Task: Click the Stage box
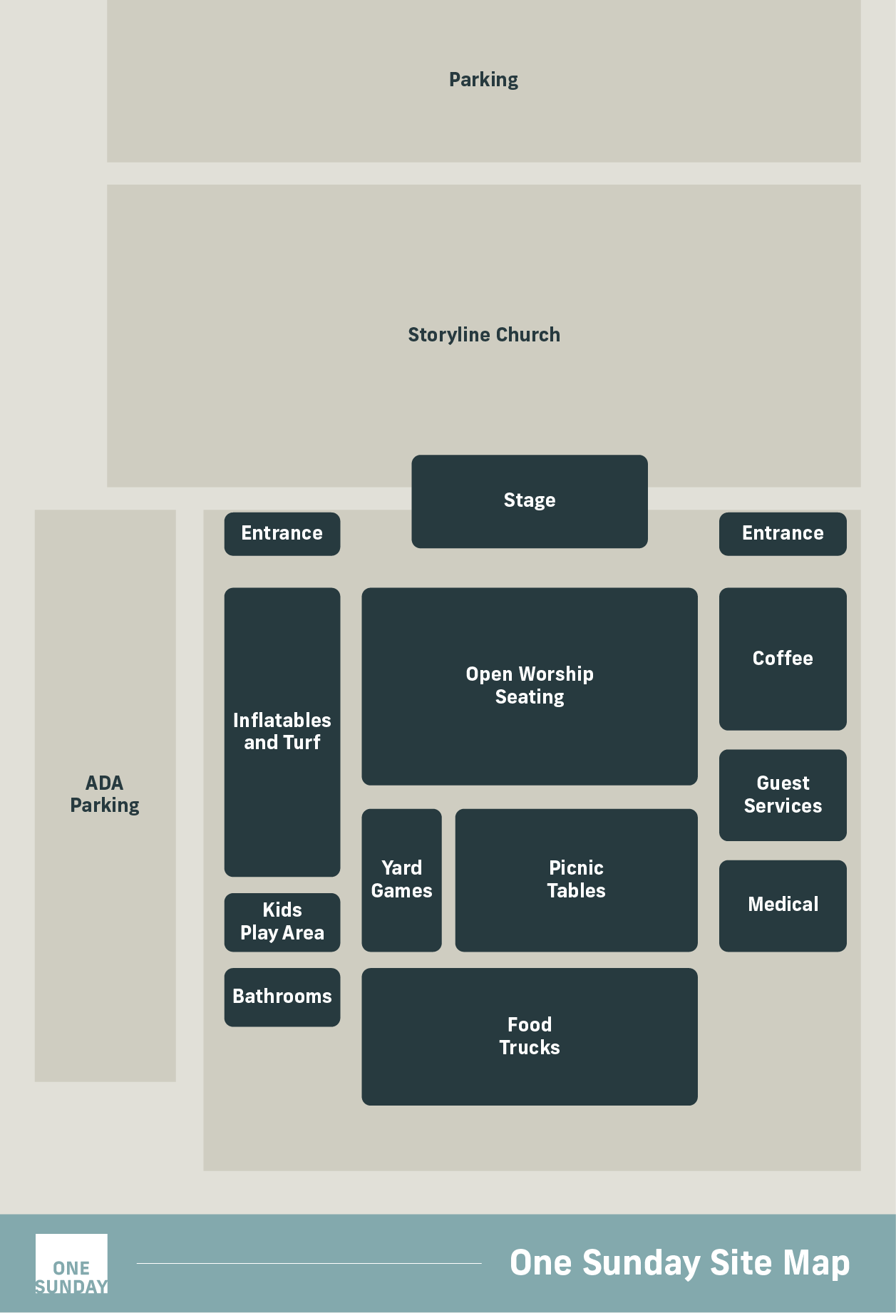tap(530, 501)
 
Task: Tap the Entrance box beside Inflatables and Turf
tap(282, 534)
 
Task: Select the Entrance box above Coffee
tap(783, 534)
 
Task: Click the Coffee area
tap(783, 659)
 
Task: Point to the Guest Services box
tap(783, 795)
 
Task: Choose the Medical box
tap(783, 905)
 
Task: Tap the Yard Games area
tap(401, 880)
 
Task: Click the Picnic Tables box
tap(576, 880)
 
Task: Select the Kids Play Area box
tap(282, 922)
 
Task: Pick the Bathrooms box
tap(282, 997)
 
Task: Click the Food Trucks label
tap(530, 1036)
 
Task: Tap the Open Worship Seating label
tap(530, 685)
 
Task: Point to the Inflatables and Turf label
tap(282, 731)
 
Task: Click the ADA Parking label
tap(105, 794)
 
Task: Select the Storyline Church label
tap(484, 334)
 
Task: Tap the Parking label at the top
tap(484, 80)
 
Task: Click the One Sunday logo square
tap(71, 1263)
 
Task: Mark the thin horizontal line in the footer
tap(309, 1263)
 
